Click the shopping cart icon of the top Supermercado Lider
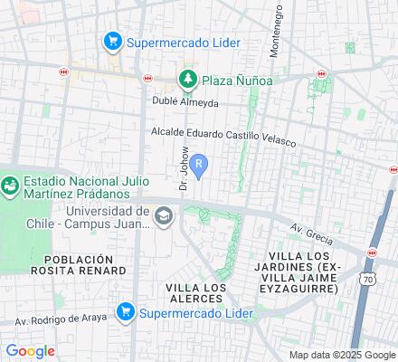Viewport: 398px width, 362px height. point(113,41)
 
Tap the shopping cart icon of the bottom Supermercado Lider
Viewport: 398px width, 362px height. point(125,313)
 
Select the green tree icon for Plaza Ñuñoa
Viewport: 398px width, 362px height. point(188,80)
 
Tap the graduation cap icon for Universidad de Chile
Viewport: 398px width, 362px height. point(164,215)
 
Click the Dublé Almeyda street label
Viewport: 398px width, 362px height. point(185,102)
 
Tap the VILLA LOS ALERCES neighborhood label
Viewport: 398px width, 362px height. point(195,293)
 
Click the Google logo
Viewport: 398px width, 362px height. point(30,351)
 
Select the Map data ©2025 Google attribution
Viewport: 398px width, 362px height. point(343,355)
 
